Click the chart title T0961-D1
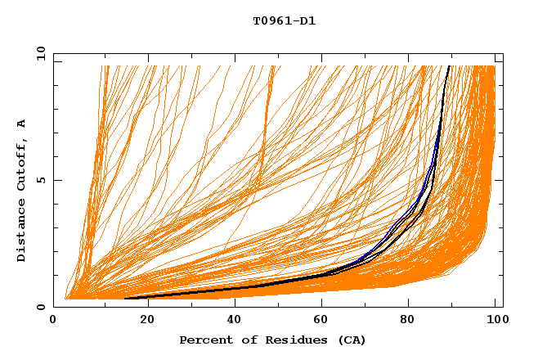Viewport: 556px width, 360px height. (x=284, y=21)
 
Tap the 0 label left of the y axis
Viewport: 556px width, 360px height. (x=41, y=307)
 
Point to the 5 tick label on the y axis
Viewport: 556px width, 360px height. (x=41, y=180)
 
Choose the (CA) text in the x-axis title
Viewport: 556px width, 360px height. (x=350, y=340)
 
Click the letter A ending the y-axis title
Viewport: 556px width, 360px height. (x=22, y=124)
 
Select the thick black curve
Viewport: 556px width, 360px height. (x=245, y=286)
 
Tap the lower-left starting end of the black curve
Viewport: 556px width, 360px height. (x=126, y=298)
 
